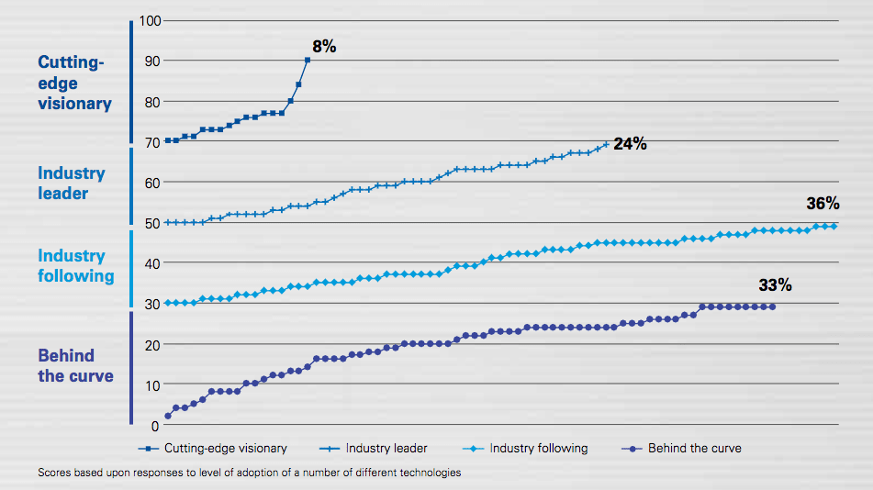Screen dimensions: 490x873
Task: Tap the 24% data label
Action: tap(631, 144)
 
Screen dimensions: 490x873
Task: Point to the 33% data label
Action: tap(775, 285)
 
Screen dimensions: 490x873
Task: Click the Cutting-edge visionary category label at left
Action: tap(74, 83)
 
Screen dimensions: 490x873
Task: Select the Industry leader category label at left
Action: tap(72, 183)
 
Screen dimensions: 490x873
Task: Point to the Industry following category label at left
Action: tap(76, 265)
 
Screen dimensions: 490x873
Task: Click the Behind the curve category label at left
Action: tap(76, 365)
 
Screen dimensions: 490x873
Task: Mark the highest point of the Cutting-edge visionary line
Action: tap(308, 61)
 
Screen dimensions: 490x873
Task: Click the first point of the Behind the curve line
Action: tap(167, 416)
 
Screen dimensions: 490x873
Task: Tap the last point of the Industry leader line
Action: tap(605, 144)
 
